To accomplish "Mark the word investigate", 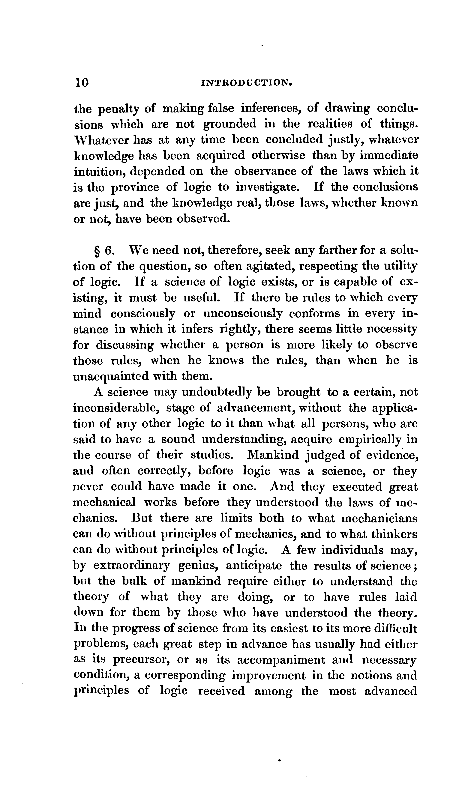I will pos(267,187).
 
